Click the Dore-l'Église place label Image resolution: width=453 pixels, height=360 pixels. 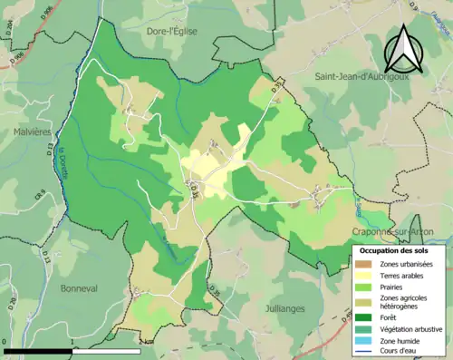pos(175,31)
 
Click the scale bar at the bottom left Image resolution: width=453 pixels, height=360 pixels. pos(72,350)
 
